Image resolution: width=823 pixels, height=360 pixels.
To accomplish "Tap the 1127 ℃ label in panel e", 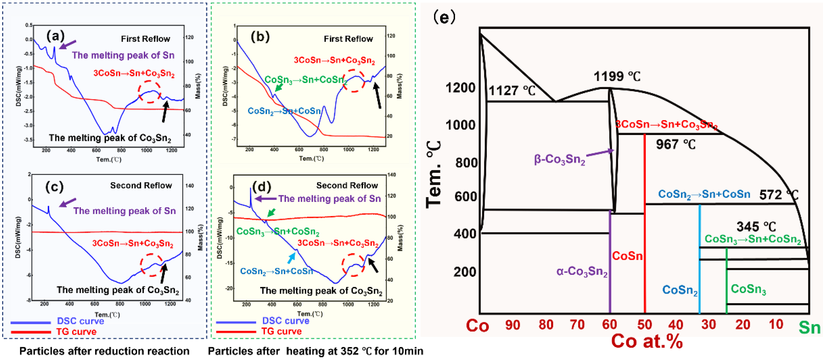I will [x=512, y=91].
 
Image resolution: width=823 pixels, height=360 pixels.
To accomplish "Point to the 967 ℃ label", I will [x=675, y=145].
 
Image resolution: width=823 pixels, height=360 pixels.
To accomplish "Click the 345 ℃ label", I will [x=756, y=227].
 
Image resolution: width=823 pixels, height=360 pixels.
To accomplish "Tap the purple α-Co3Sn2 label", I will [x=582, y=271].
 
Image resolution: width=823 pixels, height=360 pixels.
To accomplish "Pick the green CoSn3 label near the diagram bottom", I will [x=748, y=289].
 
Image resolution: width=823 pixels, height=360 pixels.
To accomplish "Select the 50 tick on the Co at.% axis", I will [x=644, y=325].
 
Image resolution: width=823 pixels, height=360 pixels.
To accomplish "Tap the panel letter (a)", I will [x=55, y=36].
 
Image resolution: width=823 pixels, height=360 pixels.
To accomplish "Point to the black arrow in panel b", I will [x=377, y=95].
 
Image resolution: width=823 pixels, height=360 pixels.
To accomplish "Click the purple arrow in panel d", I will [x=265, y=199].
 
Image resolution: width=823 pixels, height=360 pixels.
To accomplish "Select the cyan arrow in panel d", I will [x=291, y=258].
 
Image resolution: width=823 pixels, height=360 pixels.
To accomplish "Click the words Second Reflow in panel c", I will [x=141, y=186].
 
